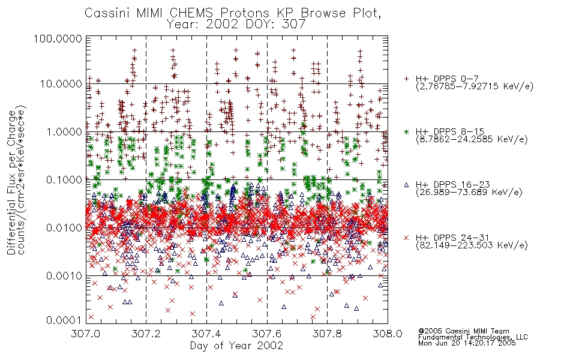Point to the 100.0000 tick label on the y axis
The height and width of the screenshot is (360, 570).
click(58, 38)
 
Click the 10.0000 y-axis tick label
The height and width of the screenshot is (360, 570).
click(61, 84)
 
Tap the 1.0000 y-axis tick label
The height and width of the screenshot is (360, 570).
click(64, 131)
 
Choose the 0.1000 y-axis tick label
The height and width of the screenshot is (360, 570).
click(64, 179)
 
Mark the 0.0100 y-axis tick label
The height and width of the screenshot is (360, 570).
click(64, 228)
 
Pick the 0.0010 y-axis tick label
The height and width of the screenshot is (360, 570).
click(64, 276)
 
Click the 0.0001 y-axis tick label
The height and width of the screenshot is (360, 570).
click(64, 320)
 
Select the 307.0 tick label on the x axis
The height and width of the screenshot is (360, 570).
click(86, 334)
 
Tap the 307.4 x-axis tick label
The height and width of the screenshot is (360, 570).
click(206, 334)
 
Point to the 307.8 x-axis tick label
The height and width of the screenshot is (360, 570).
click(327, 334)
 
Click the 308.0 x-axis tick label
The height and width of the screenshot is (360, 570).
click(388, 334)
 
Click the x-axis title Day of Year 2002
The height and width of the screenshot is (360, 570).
click(236, 346)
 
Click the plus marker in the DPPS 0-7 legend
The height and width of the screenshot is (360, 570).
click(407, 79)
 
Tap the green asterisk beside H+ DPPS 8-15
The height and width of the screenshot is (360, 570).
click(407, 131)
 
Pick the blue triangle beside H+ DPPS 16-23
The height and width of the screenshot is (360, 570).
click(407, 185)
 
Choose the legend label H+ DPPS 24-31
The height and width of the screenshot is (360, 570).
click(452, 238)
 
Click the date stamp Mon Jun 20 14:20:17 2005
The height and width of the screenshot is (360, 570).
click(467, 343)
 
